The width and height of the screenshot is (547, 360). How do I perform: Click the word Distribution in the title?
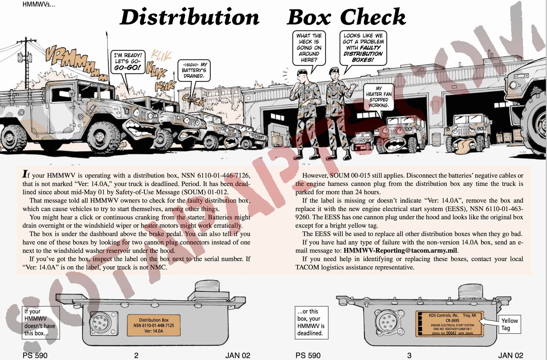pyautogui.click(x=189, y=17)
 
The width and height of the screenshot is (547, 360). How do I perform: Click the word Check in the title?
pyautogui.click(x=373, y=17)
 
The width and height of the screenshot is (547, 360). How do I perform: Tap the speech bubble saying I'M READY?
pyautogui.click(x=128, y=61)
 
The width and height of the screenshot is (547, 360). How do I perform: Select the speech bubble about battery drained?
pyautogui.click(x=194, y=70)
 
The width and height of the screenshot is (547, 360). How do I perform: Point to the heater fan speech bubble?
pyautogui.click(x=378, y=97)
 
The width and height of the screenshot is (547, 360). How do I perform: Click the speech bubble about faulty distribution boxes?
pyautogui.click(x=363, y=48)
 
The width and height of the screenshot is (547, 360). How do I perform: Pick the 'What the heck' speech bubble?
pyautogui.click(x=309, y=48)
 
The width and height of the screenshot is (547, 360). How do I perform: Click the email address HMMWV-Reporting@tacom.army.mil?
pyautogui.click(x=400, y=251)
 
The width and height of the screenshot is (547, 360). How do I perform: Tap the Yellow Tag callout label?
pyautogui.click(x=509, y=324)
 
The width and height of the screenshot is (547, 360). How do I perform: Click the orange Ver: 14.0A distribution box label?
pyautogui.click(x=153, y=325)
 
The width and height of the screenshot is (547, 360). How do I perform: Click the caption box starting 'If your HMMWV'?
pyautogui.click(x=41, y=322)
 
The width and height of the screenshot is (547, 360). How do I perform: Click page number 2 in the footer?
pyautogui.click(x=136, y=355)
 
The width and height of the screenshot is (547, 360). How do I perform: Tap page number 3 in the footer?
pyautogui.click(x=409, y=355)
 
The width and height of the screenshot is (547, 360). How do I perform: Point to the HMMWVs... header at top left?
pyautogui.click(x=39, y=5)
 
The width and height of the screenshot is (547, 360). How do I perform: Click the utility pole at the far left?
pyautogui.click(x=27, y=64)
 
